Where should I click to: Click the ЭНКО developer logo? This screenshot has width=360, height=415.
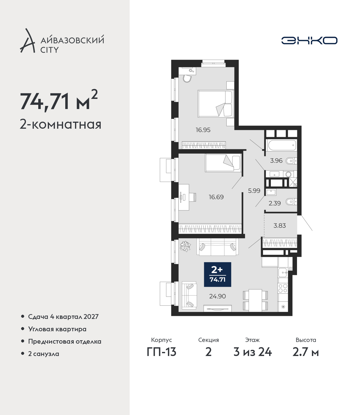click(309, 40)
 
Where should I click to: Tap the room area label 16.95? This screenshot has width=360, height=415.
click(203, 130)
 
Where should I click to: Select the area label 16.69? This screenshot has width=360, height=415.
click(216, 197)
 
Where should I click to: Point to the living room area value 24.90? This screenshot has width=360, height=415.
click(217, 296)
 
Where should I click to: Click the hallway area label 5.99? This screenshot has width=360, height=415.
click(254, 191)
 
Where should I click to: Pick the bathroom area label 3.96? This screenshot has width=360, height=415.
click(276, 160)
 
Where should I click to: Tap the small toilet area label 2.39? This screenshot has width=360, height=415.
click(275, 203)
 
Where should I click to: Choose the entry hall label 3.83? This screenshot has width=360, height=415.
click(280, 225)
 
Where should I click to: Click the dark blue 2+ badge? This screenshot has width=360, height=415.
click(217, 275)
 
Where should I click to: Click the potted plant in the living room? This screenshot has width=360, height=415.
click(185, 246)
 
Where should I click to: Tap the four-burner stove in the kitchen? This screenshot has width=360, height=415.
click(283, 288)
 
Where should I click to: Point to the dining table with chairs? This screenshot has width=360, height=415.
click(255, 300)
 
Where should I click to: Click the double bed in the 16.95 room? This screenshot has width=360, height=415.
click(216, 104)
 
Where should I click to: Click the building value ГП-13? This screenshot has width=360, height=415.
click(162, 352)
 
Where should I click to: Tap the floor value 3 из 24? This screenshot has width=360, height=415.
click(253, 352)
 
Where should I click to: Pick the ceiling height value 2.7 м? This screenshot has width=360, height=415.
click(306, 352)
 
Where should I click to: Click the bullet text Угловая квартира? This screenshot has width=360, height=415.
click(57, 329)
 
